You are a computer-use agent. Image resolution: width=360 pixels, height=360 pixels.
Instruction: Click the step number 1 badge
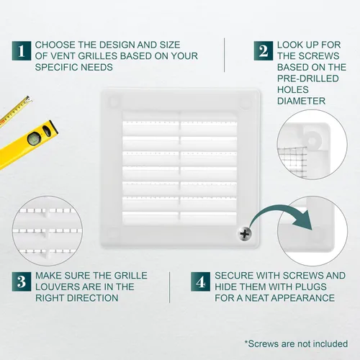pos(22,50)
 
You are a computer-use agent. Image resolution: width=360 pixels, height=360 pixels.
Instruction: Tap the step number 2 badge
pos(264,50)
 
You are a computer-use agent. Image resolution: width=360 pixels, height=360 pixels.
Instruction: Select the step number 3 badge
pos(22,282)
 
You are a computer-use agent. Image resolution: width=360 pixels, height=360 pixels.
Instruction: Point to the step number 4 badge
pos(200,282)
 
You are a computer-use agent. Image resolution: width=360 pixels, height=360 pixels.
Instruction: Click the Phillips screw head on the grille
pos(245,233)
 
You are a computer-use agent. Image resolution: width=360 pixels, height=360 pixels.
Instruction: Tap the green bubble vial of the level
pos(32,139)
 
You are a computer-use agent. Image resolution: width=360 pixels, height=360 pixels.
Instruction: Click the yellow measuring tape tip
pos(29,99)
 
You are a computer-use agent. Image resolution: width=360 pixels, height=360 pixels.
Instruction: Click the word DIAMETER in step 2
pos(301,101)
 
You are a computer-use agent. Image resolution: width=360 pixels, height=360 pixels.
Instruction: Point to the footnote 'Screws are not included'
pos(296,343)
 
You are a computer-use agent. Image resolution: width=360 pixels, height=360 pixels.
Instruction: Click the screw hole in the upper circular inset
pos(312,140)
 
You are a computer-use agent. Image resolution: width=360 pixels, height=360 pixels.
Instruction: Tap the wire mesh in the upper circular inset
pos(292,162)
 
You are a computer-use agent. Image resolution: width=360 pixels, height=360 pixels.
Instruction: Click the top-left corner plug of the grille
pos(114,102)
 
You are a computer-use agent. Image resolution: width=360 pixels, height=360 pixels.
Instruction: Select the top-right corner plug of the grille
pos(246,104)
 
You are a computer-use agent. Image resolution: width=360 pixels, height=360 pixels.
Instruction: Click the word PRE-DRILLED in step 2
pos(308,78)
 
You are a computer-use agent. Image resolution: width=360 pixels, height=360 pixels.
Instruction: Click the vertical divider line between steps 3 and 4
pos(169,287)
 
